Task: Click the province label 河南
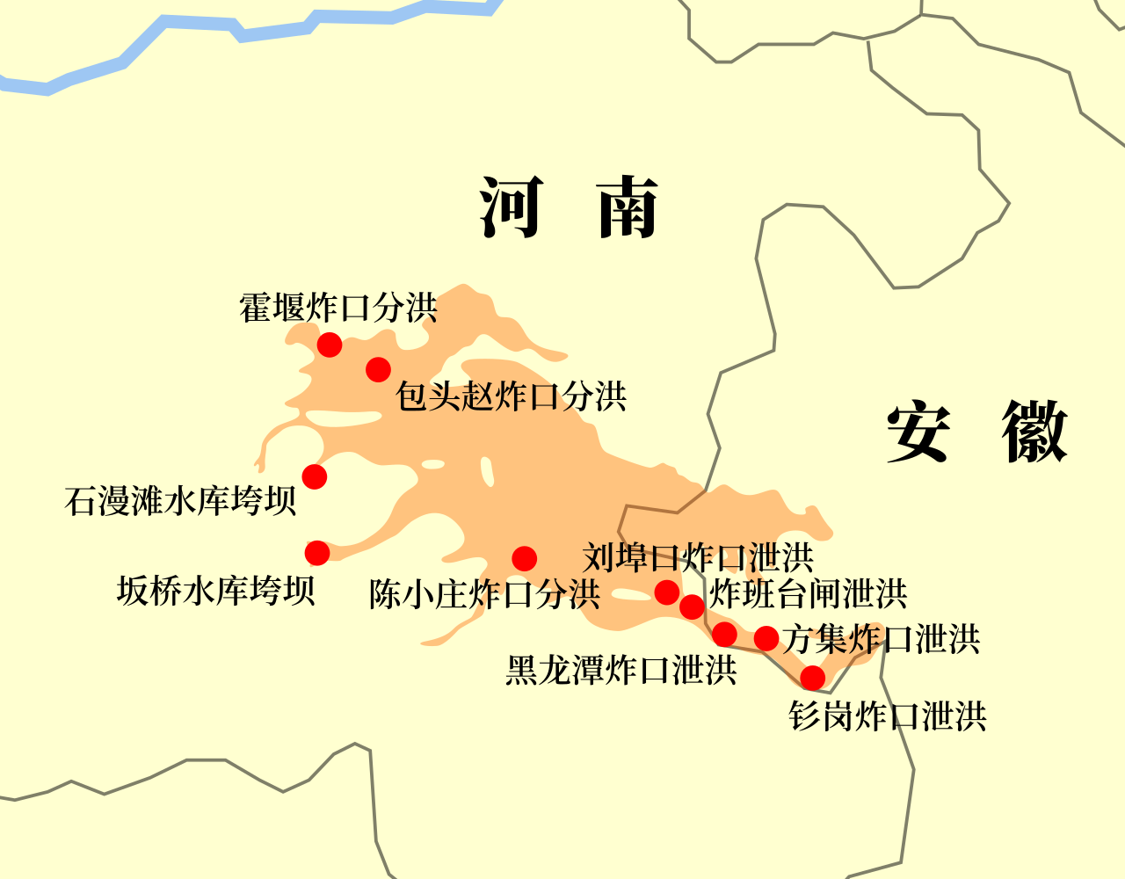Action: click(x=570, y=207)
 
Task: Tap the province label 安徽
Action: click(x=976, y=432)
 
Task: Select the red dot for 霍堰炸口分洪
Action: click(x=330, y=345)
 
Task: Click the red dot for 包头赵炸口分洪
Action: click(x=378, y=369)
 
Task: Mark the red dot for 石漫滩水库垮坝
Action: click(x=315, y=476)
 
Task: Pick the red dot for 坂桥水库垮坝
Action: click(x=317, y=553)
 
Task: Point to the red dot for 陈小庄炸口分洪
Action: click(x=525, y=558)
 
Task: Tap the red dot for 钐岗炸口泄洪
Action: click(x=813, y=678)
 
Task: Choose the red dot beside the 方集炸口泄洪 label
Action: click(x=766, y=638)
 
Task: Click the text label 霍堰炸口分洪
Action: click(x=338, y=308)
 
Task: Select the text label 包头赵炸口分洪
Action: click(x=511, y=396)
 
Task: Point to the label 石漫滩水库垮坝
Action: click(x=180, y=501)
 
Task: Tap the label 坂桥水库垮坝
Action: click(x=215, y=591)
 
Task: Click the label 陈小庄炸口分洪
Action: click(x=484, y=595)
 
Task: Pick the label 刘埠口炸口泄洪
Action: click(x=698, y=557)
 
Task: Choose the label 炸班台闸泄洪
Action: click(x=808, y=594)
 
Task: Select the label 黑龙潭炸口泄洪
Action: click(x=621, y=671)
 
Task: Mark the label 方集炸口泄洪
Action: click(x=882, y=639)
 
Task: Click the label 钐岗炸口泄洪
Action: click(x=888, y=716)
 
